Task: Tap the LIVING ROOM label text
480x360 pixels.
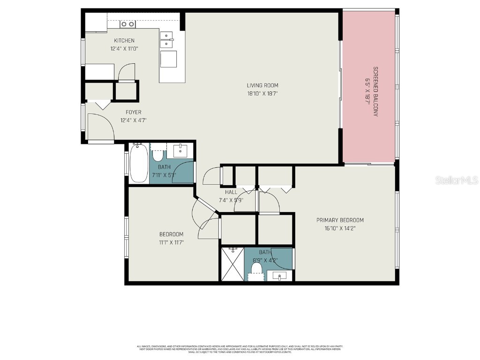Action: tap(262, 85)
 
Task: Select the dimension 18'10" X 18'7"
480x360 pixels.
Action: tap(262, 93)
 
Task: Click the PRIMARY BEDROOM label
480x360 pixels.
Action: tap(340, 220)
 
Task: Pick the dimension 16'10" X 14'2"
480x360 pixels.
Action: tap(340, 228)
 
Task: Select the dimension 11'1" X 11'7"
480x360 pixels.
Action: tap(171, 242)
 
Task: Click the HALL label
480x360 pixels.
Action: tap(231, 192)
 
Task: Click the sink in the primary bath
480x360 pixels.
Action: tap(280, 276)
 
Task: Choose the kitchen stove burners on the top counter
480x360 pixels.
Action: tap(127, 24)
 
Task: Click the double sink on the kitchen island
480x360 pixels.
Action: tap(167, 39)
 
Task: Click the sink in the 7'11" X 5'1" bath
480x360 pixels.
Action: tap(180, 150)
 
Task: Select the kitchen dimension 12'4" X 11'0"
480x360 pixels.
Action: tap(124, 49)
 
